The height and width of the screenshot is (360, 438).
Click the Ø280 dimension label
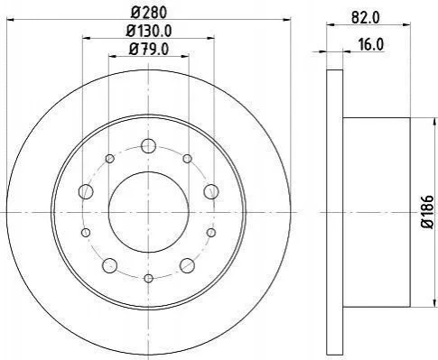point(148,13)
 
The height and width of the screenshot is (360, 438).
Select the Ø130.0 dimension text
point(149,31)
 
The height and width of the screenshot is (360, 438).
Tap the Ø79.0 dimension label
point(149,49)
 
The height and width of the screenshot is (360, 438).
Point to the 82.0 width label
point(365,17)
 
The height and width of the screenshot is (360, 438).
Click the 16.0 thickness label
point(371,45)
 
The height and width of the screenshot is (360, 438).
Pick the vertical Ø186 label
point(428,212)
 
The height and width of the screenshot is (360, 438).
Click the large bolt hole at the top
point(148,146)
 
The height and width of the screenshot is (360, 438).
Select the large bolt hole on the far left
point(86,191)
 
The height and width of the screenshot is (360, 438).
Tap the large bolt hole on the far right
point(211,191)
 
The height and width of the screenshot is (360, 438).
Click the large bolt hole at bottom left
point(110,265)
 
